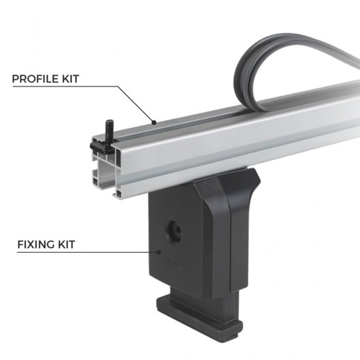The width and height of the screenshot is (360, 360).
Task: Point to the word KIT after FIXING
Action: point(66,245)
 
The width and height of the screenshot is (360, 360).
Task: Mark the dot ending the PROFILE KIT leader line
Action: point(153,122)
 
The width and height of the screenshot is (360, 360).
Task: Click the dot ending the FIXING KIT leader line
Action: point(159,251)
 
